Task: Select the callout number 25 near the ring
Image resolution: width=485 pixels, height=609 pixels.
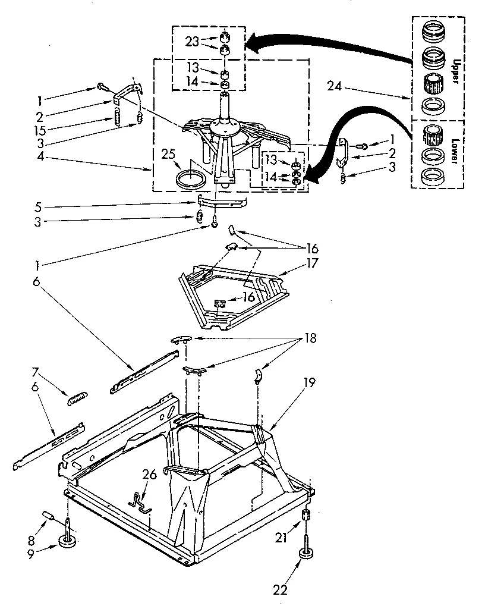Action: point(168,156)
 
